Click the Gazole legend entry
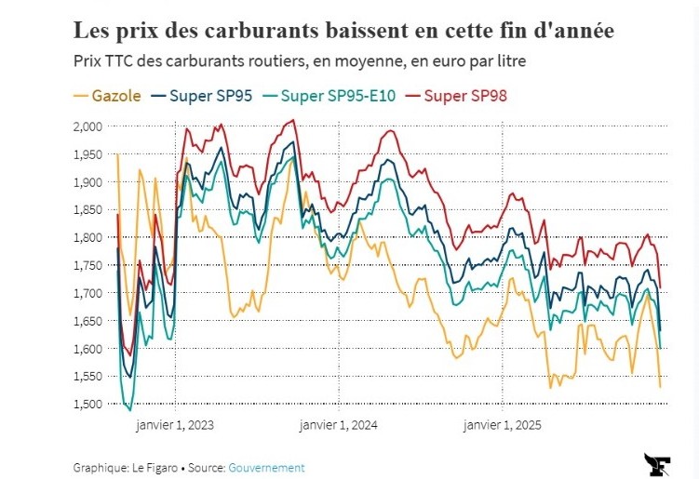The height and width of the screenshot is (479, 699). (x=108, y=96)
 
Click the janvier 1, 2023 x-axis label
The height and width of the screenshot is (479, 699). (x=176, y=425)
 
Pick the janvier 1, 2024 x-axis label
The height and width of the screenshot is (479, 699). (x=339, y=425)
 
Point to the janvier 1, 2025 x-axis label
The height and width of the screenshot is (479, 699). (x=503, y=425)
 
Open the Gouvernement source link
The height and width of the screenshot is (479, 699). (x=266, y=468)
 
